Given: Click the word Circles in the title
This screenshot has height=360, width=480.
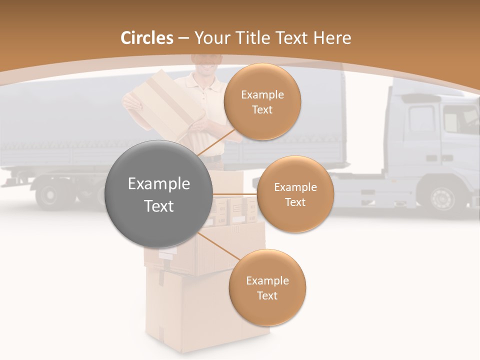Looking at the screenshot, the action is (146, 38).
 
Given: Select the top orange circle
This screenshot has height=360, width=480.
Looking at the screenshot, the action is (262, 102).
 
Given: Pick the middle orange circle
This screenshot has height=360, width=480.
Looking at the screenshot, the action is (295, 194).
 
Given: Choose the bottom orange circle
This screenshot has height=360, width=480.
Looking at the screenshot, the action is (267, 288).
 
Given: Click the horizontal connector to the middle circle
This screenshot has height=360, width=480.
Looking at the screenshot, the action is (234, 194).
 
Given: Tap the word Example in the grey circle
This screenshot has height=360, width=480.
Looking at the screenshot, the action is (159, 184).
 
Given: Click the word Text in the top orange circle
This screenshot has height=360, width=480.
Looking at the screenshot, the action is (262, 109).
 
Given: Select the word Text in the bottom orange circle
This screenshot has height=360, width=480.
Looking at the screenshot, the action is (267, 295).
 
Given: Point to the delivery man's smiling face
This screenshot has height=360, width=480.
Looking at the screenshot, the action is (205, 61).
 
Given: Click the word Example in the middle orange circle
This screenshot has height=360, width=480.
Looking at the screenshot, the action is (295, 187).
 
